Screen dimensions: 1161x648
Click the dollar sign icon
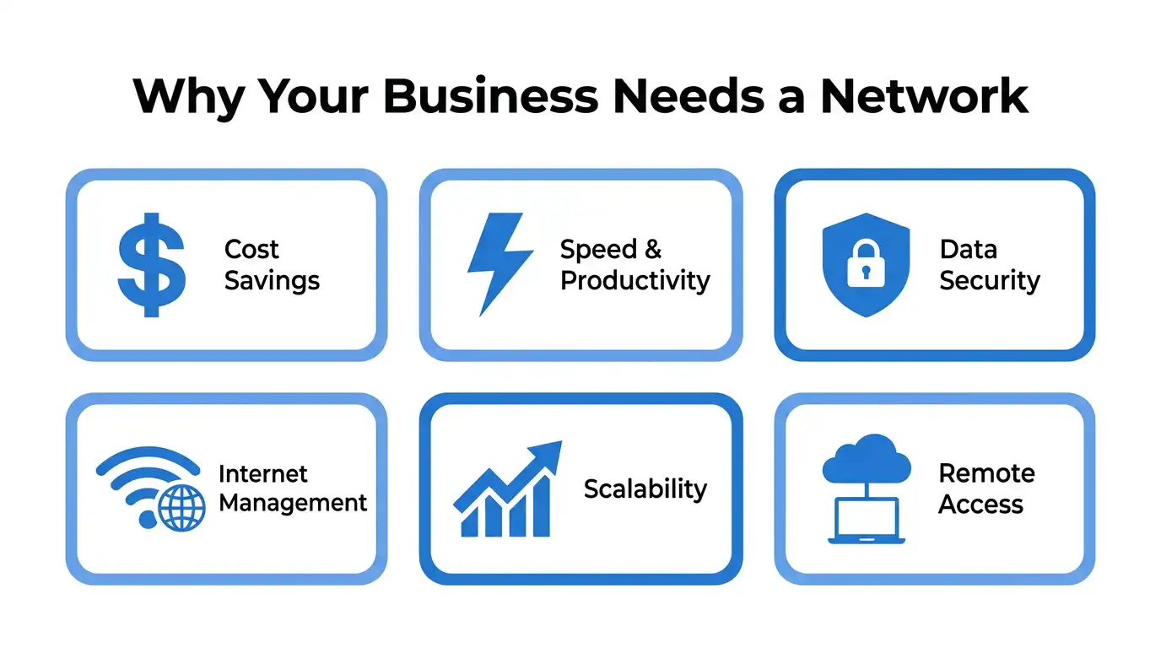[x=151, y=264]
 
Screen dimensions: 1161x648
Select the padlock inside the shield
[x=866, y=262]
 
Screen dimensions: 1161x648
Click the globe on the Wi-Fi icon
[x=181, y=508]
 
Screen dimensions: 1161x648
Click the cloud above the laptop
[x=866, y=459]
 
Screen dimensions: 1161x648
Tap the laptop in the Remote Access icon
[x=866, y=520]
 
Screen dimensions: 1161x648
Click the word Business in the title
[x=490, y=96]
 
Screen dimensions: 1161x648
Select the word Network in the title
[x=924, y=96]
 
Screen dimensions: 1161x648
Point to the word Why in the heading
[x=188, y=99]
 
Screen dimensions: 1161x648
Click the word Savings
[x=272, y=282]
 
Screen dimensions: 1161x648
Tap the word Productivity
[x=634, y=282]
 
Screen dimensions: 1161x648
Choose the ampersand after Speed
[x=653, y=250]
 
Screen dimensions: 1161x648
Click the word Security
[x=990, y=282]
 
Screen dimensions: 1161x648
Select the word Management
[x=293, y=504]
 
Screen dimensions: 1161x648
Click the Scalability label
[x=645, y=489]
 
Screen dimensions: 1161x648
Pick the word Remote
[x=987, y=473]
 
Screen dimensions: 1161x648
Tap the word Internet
[x=262, y=473]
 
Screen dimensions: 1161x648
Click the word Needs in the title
[x=688, y=96]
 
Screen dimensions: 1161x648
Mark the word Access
[x=980, y=505]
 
